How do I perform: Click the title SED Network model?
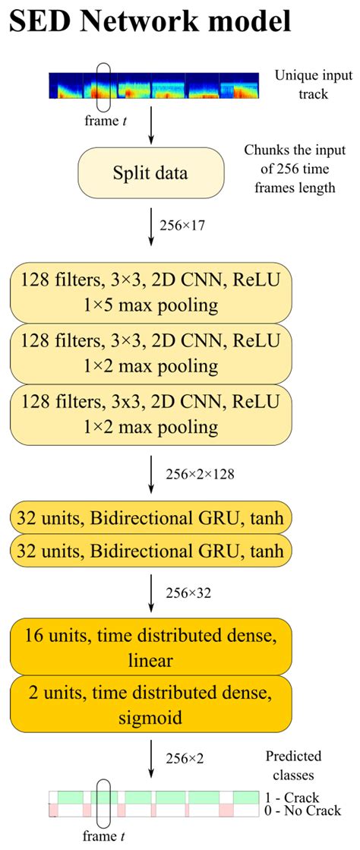pyautogui.click(x=150, y=22)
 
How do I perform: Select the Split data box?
pyautogui.click(x=152, y=172)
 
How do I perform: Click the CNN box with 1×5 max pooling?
pyautogui.click(x=152, y=292)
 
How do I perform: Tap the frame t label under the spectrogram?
pyautogui.click(x=105, y=119)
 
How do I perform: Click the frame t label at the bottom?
pyautogui.click(x=105, y=837)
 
